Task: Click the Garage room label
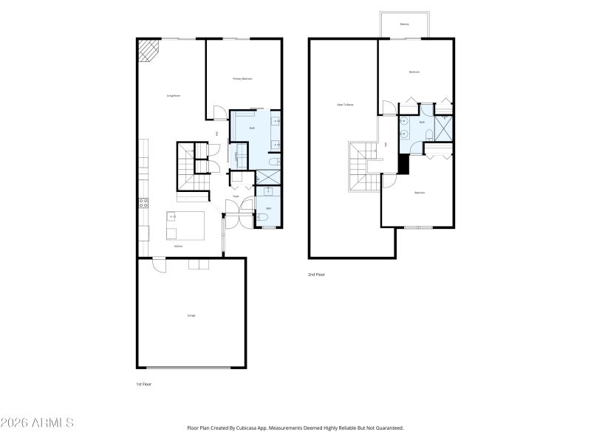click(x=191, y=315)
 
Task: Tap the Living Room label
click(x=174, y=96)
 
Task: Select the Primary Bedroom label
click(x=243, y=78)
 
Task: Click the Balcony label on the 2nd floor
click(x=405, y=24)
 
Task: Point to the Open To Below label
click(x=345, y=105)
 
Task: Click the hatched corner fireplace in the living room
click(x=148, y=50)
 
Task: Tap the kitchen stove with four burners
click(x=143, y=202)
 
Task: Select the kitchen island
click(x=185, y=224)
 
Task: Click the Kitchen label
click(x=178, y=247)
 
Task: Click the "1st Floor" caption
click(x=143, y=385)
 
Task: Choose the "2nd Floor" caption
click(x=316, y=275)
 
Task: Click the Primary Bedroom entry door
click(x=219, y=114)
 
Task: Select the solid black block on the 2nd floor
click(x=403, y=163)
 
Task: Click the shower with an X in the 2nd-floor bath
click(x=443, y=129)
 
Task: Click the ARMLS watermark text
click(x=37, y=423)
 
